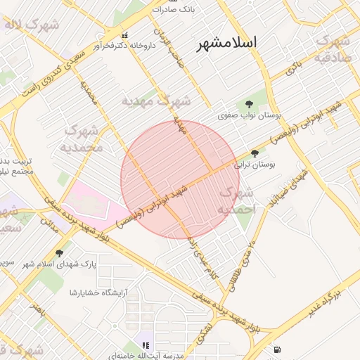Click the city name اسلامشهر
(x=226, y=43)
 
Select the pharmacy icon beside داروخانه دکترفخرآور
(x=125, y=34)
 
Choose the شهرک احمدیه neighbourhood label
(x=236, y=200)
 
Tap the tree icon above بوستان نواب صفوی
(x=249, y=103)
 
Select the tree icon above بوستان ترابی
(x=254, y=153)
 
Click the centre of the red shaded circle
(x=181, y=180)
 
